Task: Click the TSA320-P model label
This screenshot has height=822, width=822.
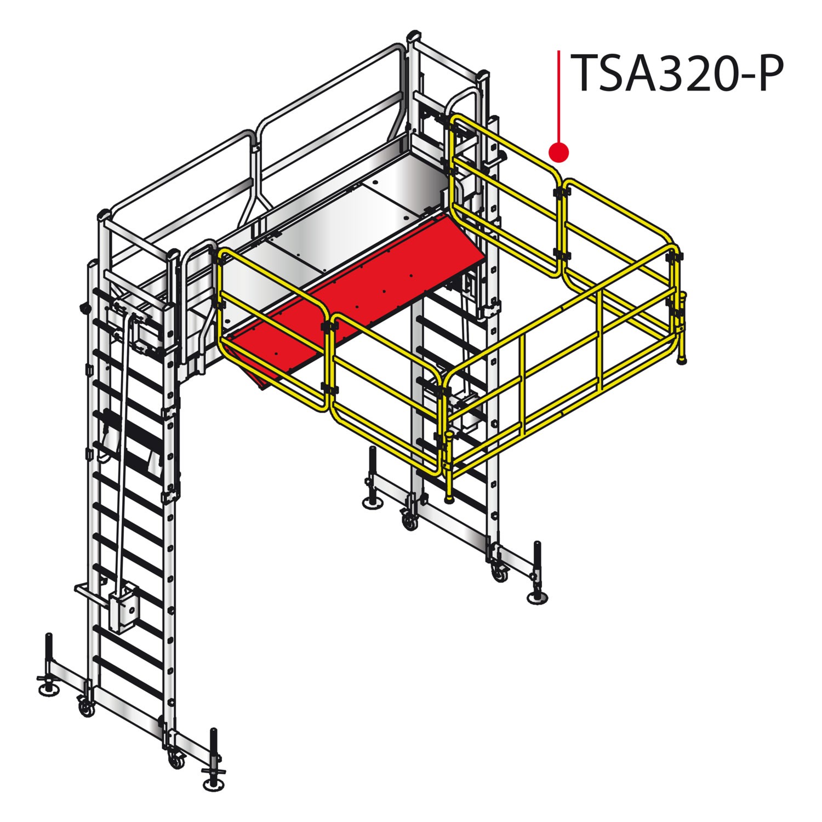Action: click(677, 74)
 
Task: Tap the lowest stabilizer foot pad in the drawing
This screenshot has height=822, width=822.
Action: click(213, 786)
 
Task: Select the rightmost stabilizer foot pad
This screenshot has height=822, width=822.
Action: click(538, 598)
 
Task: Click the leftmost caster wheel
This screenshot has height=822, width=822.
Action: click(85, 709)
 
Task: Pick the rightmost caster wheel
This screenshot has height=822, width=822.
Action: click(500, 574)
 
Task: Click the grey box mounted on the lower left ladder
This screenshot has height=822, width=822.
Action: click(125, 608)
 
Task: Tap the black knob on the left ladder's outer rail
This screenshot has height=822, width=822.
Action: click(84, 309)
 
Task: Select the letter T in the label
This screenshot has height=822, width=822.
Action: click(583, 74)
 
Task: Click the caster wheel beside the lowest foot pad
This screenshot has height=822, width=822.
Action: click(177, 761)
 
